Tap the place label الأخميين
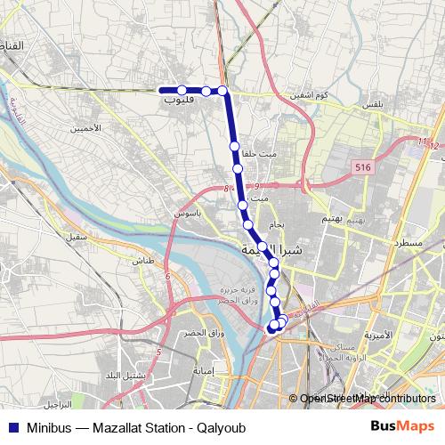[86, 129]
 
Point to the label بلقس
[372, 105]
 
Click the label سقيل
[75, 238]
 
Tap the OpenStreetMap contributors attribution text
[368, 399]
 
